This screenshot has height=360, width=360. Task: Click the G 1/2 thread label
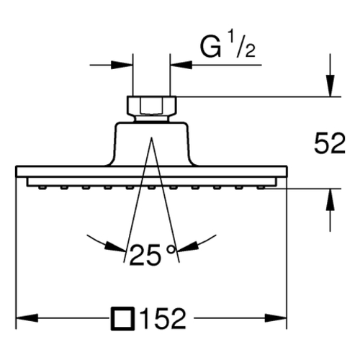coord(228,46)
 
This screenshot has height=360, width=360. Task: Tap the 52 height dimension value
coord(330,143)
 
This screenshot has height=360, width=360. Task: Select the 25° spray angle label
coord(153,255)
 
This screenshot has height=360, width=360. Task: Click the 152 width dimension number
coord(164,318)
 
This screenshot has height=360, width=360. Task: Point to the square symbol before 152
coord(122,318)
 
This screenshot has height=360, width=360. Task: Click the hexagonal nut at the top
coord(151,106)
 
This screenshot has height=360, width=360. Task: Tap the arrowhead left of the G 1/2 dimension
coord(122,65)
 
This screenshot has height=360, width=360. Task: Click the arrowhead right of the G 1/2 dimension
coord(181,65)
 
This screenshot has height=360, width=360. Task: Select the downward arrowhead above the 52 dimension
coord(330,86)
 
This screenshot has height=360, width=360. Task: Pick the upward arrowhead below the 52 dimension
coord(330,199)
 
